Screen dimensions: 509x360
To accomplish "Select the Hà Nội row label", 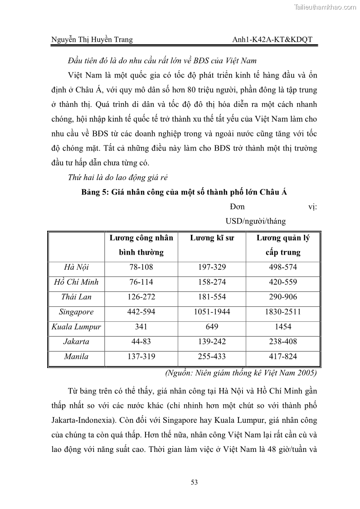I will [76, 267].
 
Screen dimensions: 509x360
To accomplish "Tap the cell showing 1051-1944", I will [212, 312].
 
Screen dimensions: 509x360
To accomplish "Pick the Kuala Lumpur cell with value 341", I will [141, 327].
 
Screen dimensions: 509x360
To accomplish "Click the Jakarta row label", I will [76, 342].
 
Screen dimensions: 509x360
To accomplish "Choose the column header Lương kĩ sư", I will [212, 238].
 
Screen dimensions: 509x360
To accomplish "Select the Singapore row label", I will [76, 312].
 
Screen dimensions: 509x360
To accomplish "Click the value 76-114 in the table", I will [141, 282].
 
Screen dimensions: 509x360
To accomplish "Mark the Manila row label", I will [76, 357].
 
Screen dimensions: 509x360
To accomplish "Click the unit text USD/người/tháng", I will [255, 222].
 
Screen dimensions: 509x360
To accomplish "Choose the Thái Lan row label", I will [76, 297].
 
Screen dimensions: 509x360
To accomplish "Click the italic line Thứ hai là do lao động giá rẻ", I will [117, 178].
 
